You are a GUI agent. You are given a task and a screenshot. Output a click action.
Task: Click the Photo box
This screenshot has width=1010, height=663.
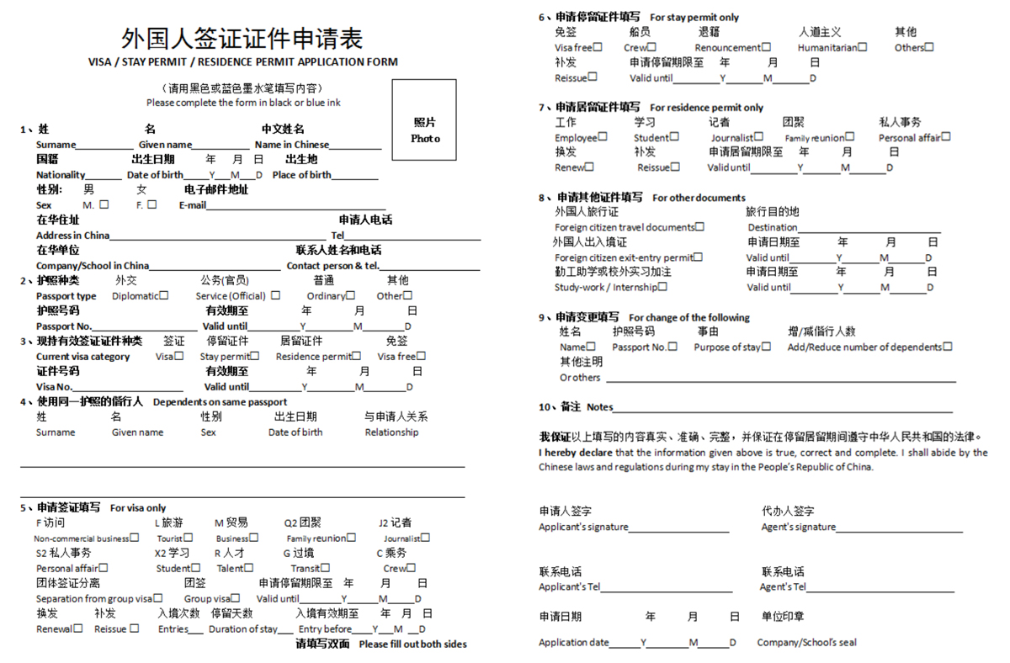point(424,119)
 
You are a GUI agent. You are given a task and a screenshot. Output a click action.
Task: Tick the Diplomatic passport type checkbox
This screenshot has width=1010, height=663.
point(164,295)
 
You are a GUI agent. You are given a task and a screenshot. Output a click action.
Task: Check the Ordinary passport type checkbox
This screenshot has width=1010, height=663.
point(351,295)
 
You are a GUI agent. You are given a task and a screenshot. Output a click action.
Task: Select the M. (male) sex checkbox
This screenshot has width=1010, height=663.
point(104,204)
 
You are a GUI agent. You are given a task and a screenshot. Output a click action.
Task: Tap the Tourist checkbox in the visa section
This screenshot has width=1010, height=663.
point(189,538)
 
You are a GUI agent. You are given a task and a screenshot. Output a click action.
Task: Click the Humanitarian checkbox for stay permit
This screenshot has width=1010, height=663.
point(863,47)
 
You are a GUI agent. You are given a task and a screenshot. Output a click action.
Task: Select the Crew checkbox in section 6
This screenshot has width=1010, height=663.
point(652,47)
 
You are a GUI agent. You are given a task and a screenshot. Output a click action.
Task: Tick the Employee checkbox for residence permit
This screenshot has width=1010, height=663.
point(603,137)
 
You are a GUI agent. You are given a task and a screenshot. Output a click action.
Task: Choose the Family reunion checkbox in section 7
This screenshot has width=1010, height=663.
point(850,137)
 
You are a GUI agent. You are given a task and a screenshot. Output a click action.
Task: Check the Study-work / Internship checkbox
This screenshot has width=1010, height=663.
point(663,287)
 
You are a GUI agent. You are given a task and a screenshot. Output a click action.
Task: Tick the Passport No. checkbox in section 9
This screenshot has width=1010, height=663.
point(672,346)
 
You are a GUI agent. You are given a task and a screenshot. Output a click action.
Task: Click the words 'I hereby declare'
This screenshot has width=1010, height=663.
point(576,453)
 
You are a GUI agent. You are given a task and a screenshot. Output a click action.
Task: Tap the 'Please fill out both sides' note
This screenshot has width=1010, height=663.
point(412,644)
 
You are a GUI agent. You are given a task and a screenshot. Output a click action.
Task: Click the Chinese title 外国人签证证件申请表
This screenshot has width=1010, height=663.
point(242,39)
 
